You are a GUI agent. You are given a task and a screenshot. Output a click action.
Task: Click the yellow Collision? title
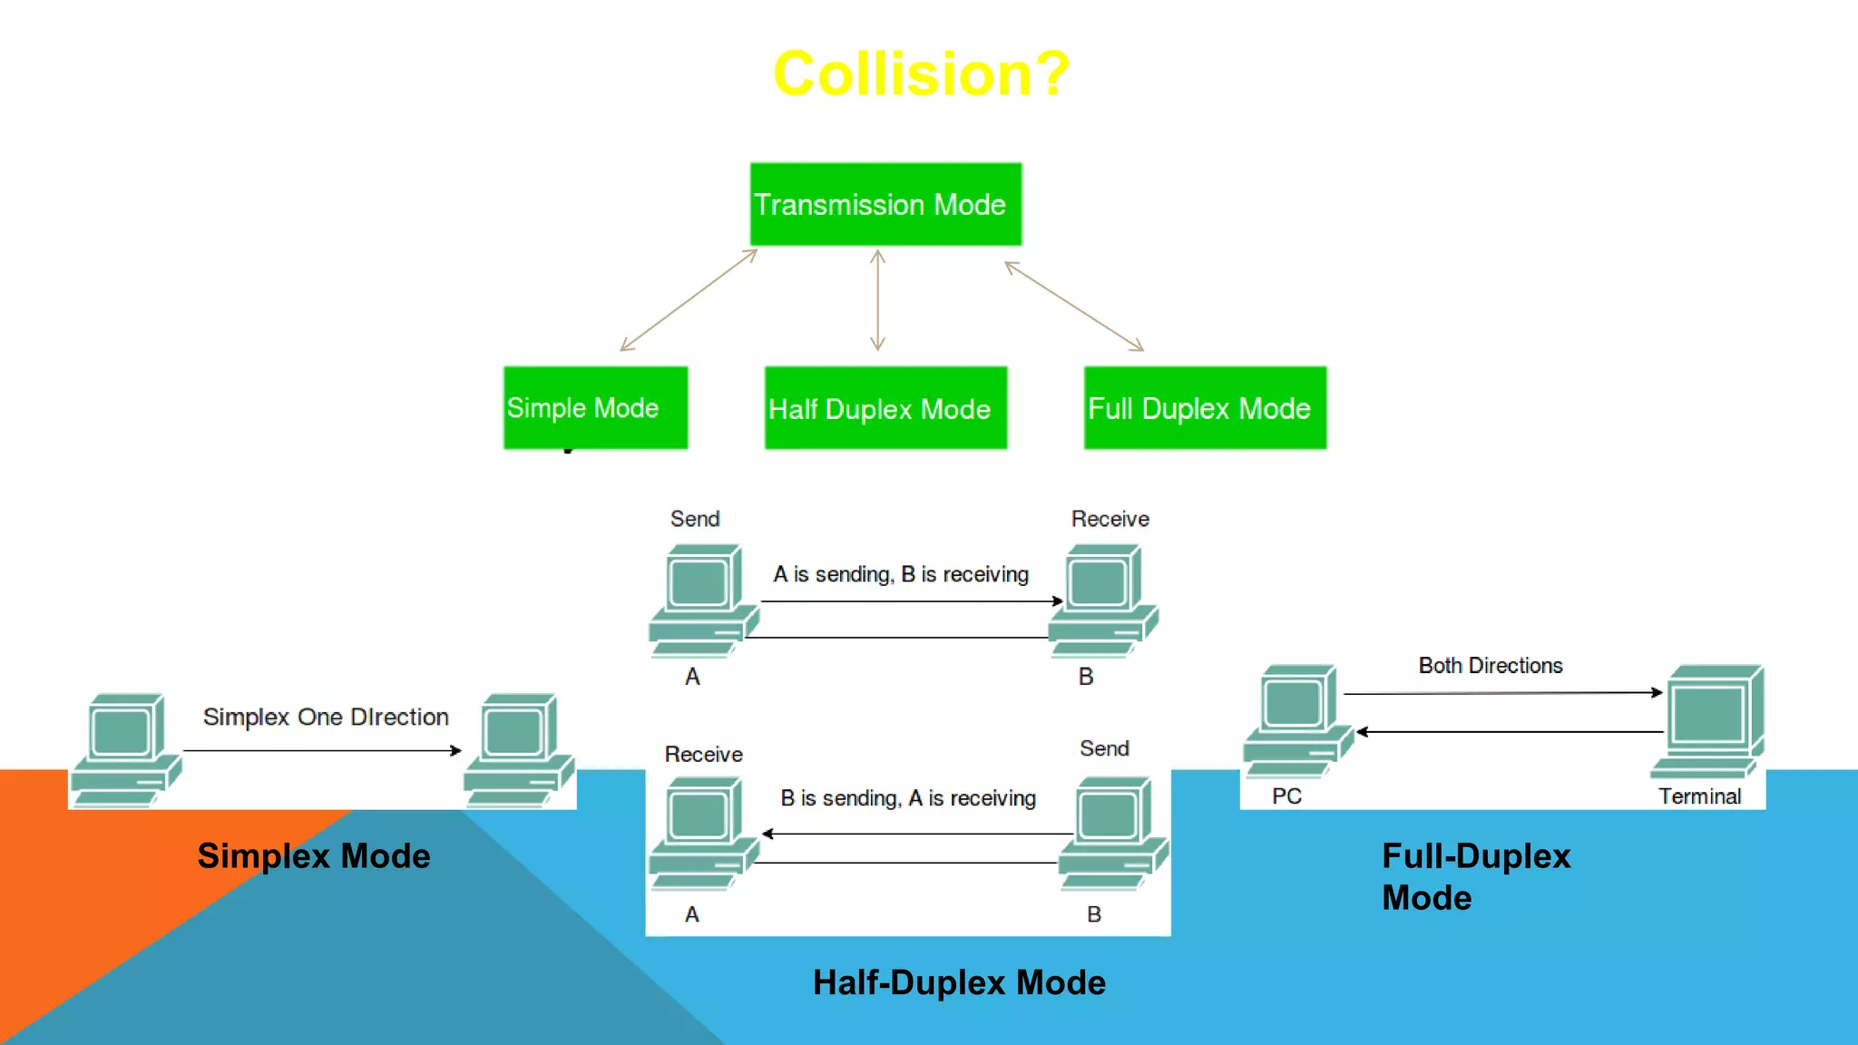921,73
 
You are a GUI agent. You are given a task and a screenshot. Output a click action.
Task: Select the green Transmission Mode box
885,204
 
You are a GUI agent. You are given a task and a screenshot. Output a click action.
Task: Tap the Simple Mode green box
595,407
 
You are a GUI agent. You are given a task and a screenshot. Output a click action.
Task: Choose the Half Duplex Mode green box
885,408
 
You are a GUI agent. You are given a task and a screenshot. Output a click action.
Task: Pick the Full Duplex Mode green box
1205,408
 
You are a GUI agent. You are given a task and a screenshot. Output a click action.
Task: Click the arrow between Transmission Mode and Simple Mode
689,300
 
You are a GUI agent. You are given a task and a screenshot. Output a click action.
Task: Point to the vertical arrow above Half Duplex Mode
877,300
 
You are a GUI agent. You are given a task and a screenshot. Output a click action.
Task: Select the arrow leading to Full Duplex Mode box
1074,307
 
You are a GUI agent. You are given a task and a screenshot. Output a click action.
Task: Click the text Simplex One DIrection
326,717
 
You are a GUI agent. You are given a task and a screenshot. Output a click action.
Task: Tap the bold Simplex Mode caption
314,856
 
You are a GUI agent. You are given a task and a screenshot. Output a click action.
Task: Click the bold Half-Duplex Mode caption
959,982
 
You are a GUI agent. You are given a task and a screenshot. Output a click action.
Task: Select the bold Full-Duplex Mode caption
1475,876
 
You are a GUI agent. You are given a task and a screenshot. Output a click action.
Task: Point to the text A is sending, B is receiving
901,574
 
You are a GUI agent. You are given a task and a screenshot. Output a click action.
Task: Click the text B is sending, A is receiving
908,798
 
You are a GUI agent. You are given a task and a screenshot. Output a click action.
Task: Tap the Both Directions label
1491,666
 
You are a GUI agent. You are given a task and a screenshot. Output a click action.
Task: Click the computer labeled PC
1296,721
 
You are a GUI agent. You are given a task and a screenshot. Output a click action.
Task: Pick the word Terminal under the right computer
1699,796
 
